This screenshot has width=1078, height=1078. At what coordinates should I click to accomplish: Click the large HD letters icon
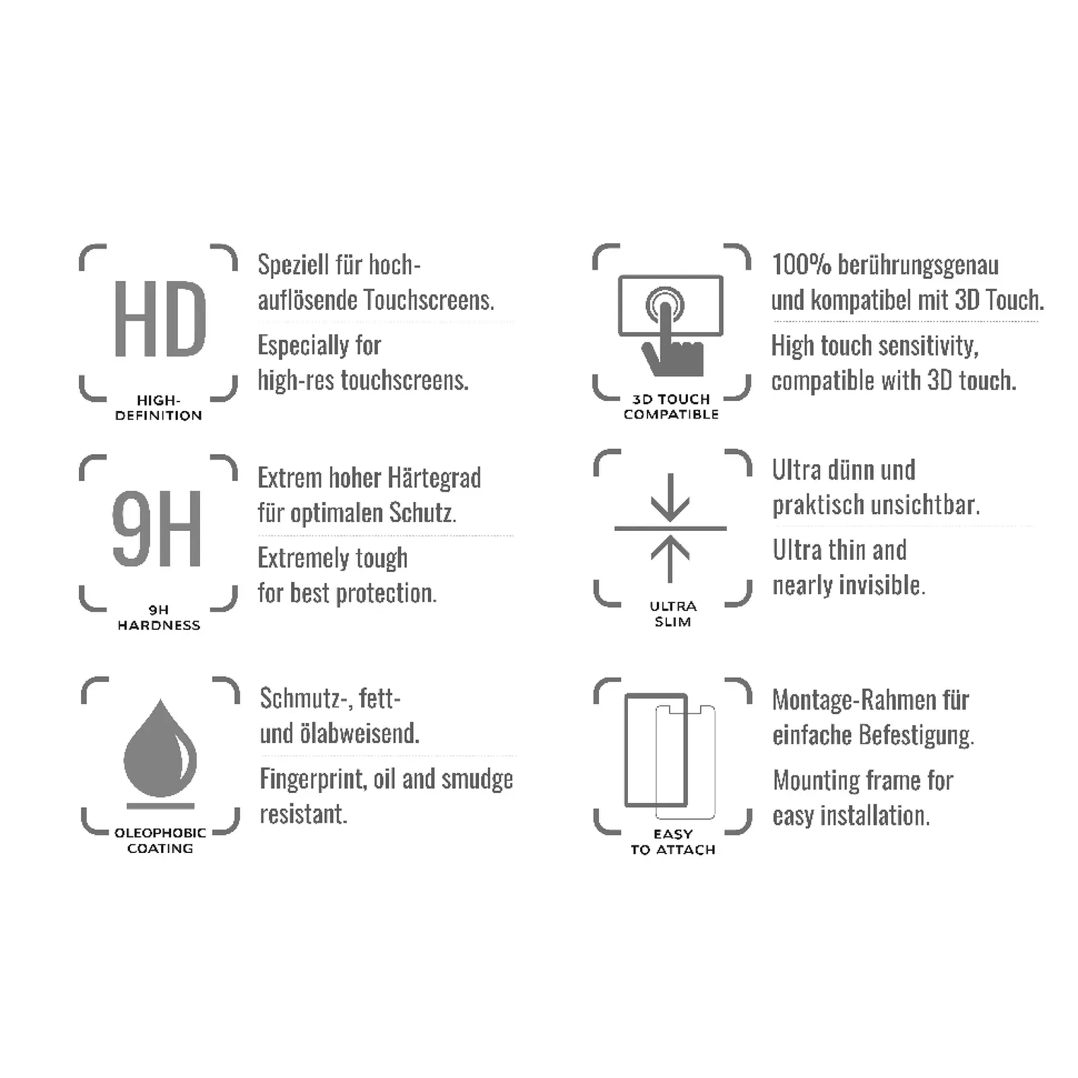click(x=160, y=319)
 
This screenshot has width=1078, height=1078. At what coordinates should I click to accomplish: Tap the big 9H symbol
click(x=157, y=528)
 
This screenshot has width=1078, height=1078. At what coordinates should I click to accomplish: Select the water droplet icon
click(x=160, y=749)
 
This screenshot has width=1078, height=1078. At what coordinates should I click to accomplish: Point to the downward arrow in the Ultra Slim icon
click(x=670, y=497)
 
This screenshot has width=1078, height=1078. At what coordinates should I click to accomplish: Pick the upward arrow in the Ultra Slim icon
click(x=670, y=559)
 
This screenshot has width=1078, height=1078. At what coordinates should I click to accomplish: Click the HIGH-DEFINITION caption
click(x=158, y=408)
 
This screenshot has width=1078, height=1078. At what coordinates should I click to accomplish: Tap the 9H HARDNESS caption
click(x=159, y=618)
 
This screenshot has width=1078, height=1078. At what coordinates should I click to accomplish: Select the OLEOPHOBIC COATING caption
click(x=160, y=841)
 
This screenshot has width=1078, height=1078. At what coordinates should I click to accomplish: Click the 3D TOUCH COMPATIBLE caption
click(x=671, y=407)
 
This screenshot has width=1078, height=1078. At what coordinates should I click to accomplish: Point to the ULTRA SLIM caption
click(x=673, y=614)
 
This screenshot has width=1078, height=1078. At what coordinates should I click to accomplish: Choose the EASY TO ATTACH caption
click(x=673, y=842)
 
